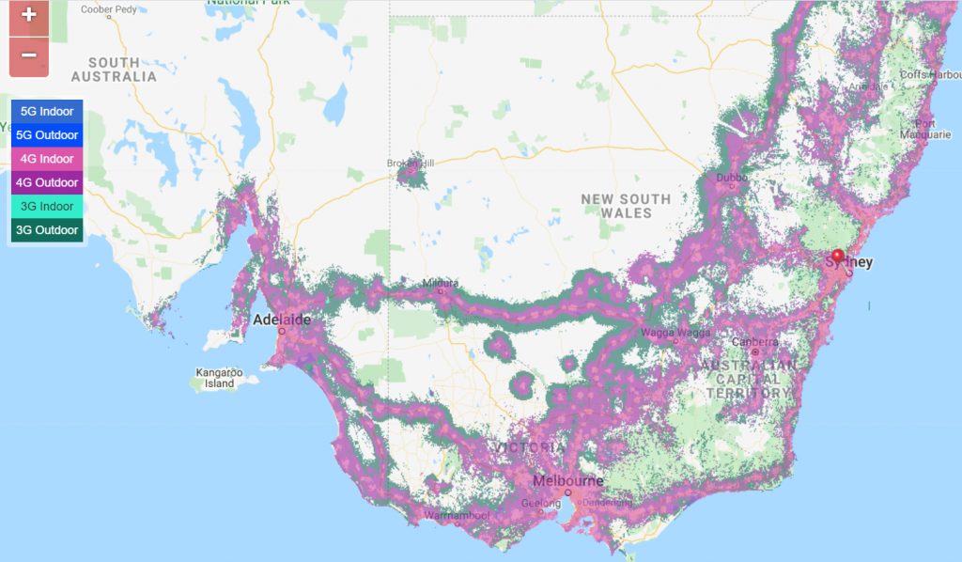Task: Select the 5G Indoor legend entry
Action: [47, 112]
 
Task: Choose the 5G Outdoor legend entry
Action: [47, 135]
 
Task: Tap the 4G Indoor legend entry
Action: [47, 159]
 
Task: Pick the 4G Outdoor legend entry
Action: [47, 182]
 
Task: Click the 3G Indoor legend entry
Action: [47, 206]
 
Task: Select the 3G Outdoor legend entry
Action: [47, 229]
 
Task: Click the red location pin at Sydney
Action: [838, 255]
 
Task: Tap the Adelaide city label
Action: [282, 320]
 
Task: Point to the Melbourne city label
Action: [567, 481]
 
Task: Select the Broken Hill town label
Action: [411, 164]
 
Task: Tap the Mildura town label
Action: [441, 282]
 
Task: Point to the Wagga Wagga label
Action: [670, 333]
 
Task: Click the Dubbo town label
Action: [731, 177]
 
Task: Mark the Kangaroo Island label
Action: [220, 378]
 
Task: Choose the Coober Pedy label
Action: [110, 9]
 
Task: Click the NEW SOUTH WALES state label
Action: [626, 206]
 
